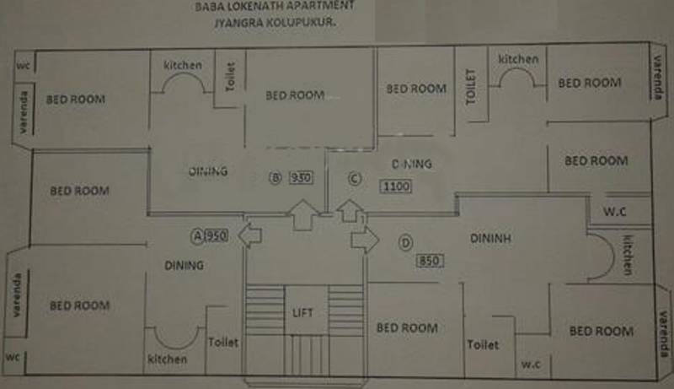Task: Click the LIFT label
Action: (x=302, y=313)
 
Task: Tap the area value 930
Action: (x=301, y=178)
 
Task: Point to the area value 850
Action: (x=429, y=261)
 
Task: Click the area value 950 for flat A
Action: (x=217, y=236)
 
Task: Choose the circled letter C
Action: (x=355, y=178)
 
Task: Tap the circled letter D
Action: (x=405, y=243)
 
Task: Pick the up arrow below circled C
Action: (x=348, y=211)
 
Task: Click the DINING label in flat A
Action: (x=185, y=266)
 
